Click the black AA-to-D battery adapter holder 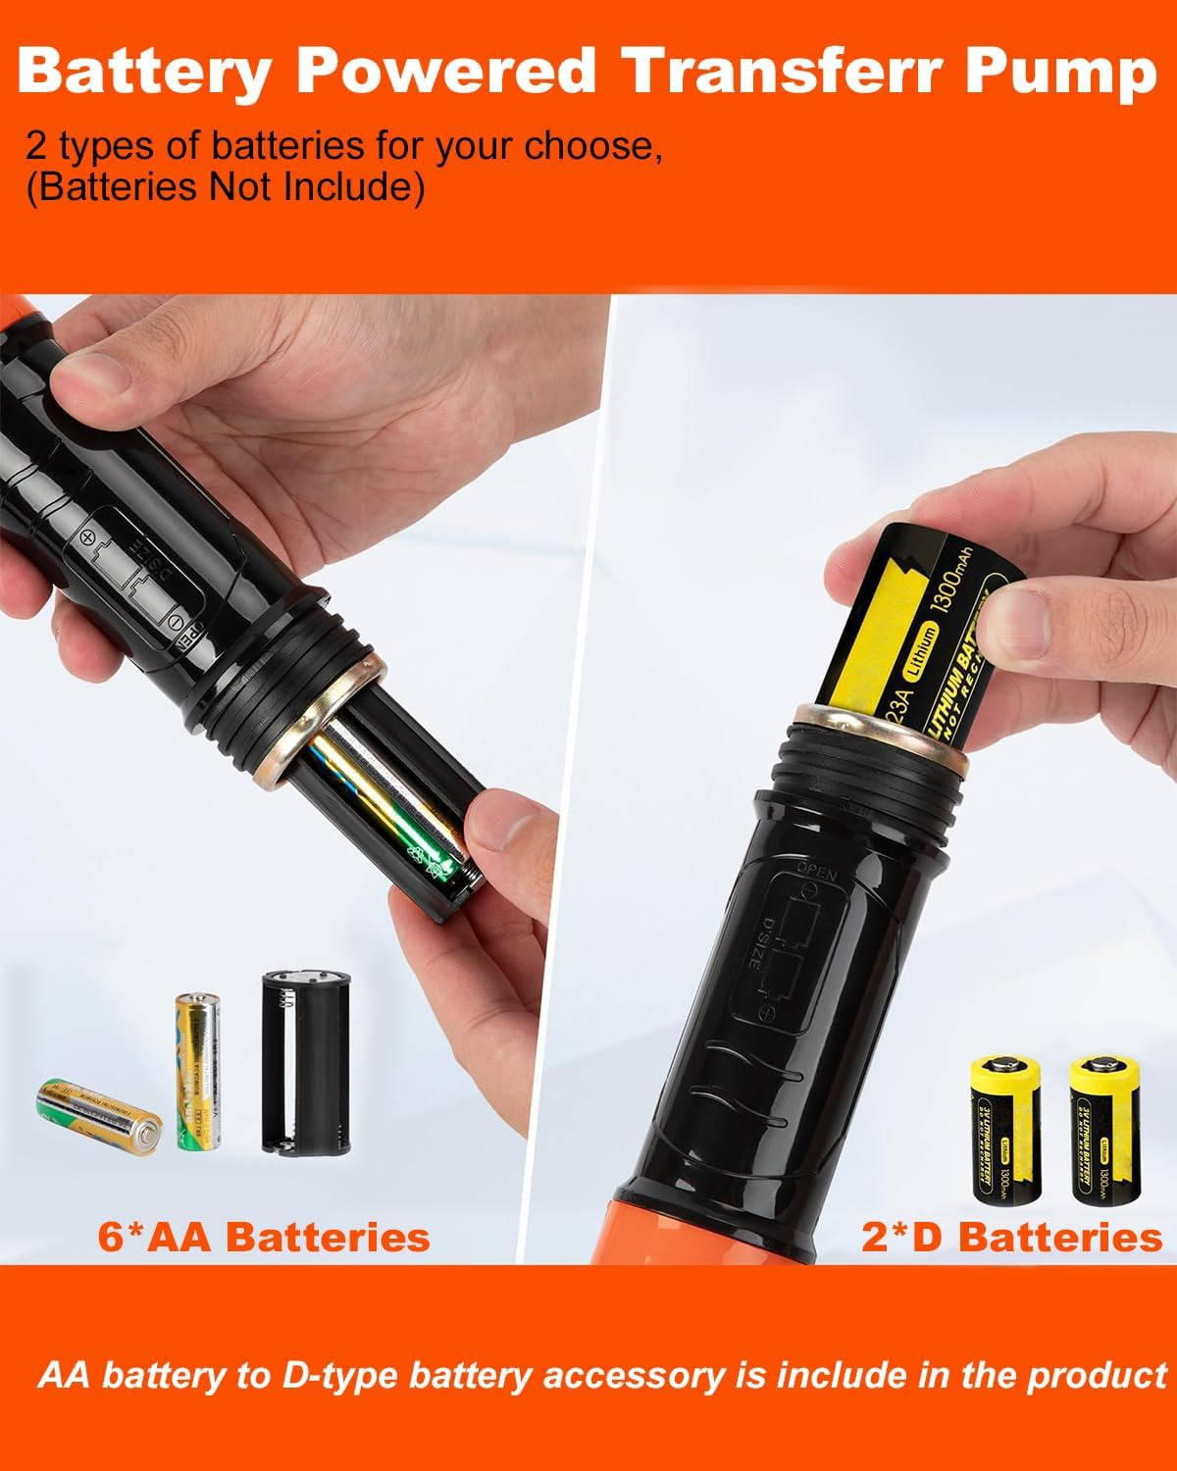click(x=306, y=1061)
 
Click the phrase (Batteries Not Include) click(x=226, y=186)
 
